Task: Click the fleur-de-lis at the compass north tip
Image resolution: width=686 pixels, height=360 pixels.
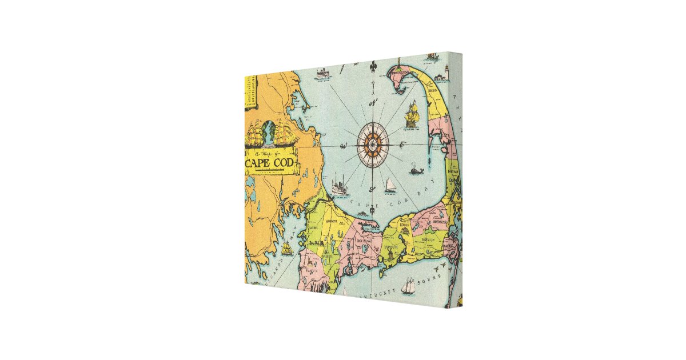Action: pos(373,68)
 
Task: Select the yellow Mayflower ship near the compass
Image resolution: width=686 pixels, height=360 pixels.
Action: pos(413,115)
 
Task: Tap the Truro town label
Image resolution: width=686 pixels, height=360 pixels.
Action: pos(433,90)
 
